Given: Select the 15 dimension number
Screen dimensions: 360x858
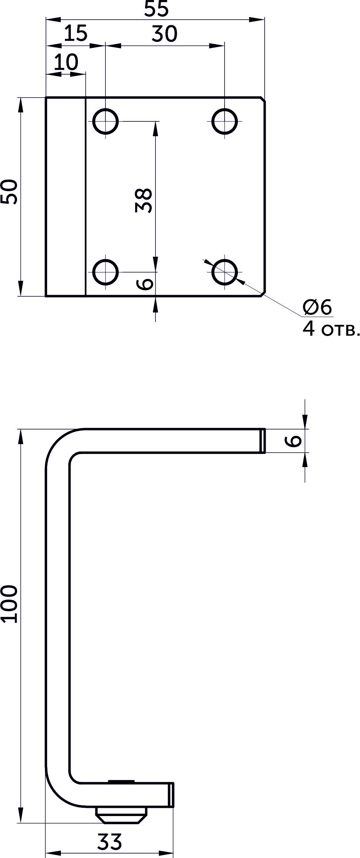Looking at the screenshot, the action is pos(76,33).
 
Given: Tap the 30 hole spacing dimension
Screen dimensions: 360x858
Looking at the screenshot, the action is pos(164,34).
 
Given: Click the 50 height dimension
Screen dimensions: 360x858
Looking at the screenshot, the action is pos(9,192).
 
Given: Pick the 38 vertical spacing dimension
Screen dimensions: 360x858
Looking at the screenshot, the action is pos(144,200).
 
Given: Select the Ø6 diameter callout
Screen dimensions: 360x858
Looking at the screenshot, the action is pos(317,307).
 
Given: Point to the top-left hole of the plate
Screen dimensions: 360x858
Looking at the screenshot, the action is pos(105,121).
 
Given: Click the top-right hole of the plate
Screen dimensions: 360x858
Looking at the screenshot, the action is pos(225,121).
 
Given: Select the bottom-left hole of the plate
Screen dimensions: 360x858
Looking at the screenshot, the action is pos(105,272).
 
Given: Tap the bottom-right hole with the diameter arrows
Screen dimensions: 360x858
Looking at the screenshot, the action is pos(225,272).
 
